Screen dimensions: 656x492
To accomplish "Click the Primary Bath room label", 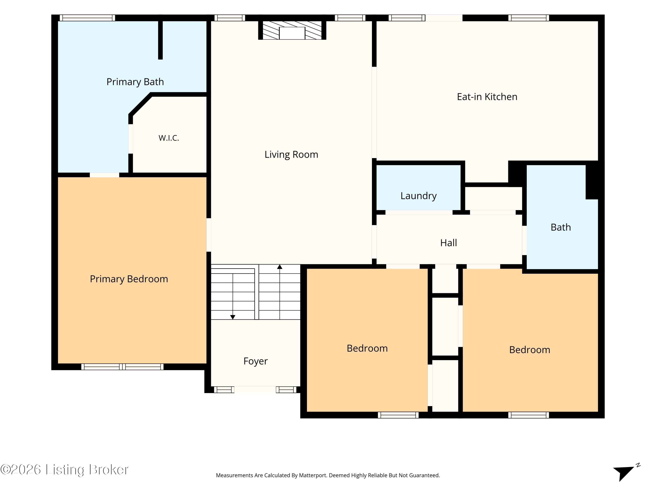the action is tap(135, 82).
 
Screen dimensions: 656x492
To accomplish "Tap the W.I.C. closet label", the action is tap(169, 138).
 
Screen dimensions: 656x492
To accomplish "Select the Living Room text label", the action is tap(291, 155).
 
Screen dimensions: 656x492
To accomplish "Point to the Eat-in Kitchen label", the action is tap(487, 97).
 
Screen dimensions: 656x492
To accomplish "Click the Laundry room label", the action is tap(419, 196).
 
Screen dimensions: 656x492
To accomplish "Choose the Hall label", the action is tap(448, 243).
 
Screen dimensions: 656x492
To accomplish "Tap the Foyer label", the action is tap(255, 361).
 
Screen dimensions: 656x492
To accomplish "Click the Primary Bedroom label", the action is tap(129, 279).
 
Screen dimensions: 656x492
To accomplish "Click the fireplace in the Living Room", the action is tap(292, 30).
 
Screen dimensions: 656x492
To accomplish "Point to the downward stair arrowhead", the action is tap(233, 317).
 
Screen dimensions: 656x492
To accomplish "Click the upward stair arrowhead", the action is tap(280, 267).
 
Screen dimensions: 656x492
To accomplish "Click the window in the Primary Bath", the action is tap(87, 18).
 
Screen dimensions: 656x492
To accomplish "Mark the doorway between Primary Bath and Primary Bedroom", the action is tap(104, 175).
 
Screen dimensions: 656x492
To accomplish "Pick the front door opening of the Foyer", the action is tap(255, 390).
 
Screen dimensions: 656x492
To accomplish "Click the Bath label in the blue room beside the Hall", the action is tap(560, 227).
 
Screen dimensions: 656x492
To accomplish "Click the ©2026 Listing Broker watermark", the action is tap(64, 469).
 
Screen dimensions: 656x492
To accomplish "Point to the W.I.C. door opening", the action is tap(131, 139).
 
